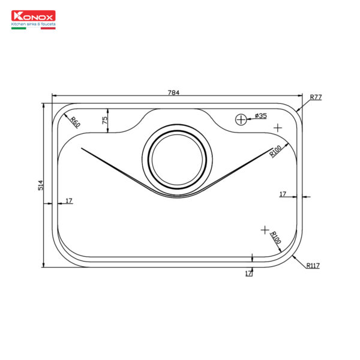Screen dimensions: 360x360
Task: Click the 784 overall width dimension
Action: [174, 92]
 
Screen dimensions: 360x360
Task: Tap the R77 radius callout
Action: [316, 97]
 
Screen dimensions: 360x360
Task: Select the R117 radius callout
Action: [313, 265]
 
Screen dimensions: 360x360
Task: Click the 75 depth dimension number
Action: [104, 120]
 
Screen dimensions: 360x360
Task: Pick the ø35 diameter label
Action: [260, 115]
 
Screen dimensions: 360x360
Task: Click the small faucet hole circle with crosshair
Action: [241, 119]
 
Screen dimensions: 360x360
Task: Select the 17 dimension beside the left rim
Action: [69, 200]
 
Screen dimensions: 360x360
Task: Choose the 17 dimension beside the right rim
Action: [283, 194]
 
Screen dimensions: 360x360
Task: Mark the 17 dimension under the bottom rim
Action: [248, 273]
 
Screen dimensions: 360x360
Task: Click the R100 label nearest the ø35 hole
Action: [275, 151]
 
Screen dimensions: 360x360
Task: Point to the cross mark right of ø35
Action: [277, 128]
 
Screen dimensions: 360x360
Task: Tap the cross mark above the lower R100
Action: [265, 230]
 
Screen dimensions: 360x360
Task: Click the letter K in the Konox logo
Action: [17, 18]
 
